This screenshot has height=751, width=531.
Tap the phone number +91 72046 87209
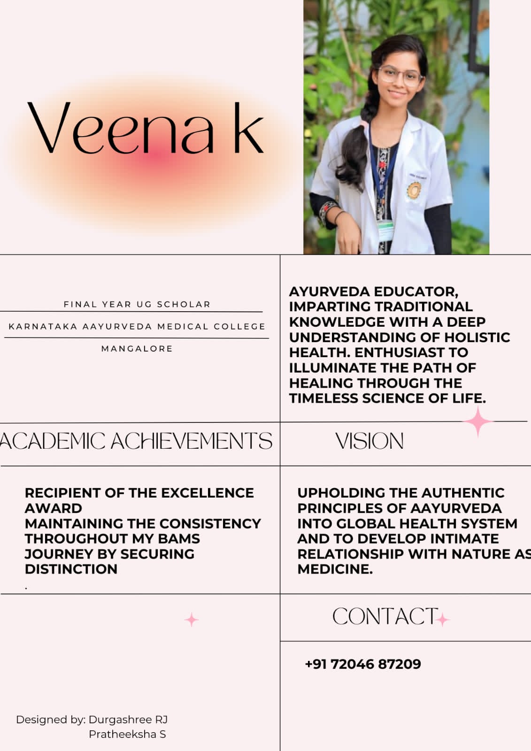pos(363,664)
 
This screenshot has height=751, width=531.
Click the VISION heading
pos(369,441)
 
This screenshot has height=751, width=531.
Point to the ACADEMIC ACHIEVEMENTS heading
pos(136,441)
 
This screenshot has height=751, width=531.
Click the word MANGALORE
pos(137,349)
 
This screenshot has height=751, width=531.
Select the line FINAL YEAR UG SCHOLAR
pos(137,304)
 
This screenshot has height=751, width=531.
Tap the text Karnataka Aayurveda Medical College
pos(137,326)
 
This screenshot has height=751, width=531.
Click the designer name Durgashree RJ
pos(128,720)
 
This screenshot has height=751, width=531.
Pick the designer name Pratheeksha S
pos(127,734)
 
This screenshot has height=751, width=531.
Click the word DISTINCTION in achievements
pos(71,569)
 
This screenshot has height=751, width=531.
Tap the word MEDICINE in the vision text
pos(334,569)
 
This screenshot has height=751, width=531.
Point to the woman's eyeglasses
pos(400,76)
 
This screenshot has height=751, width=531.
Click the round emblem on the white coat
pos(414,190)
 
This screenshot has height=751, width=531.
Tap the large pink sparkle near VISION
pos(478,421)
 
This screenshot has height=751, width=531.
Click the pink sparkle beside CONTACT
pos(442,620)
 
